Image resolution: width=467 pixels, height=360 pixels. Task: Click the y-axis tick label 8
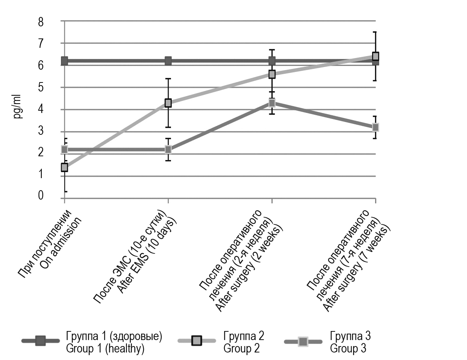40,21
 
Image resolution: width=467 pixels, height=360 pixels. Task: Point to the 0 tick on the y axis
40,196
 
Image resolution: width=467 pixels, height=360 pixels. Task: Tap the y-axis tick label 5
40,87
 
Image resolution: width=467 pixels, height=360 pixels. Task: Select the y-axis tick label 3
40,131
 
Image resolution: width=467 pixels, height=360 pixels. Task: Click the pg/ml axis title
18,107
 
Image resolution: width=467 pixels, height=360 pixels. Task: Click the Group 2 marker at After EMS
168,103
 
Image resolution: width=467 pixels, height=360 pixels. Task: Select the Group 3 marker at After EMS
168,149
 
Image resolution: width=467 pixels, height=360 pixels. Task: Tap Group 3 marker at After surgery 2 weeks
272,103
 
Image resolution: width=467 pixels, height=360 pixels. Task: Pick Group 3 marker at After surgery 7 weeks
375,127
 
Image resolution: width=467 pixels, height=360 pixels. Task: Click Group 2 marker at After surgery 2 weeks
272,74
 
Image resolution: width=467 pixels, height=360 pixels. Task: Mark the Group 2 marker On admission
64,167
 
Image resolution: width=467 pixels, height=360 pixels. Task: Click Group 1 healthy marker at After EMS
168,61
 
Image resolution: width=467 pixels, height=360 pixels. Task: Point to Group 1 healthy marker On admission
64,61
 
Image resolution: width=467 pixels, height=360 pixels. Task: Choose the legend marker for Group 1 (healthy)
40,341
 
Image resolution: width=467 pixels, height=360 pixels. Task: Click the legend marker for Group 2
197,341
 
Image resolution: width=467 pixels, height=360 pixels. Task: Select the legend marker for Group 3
303,342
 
